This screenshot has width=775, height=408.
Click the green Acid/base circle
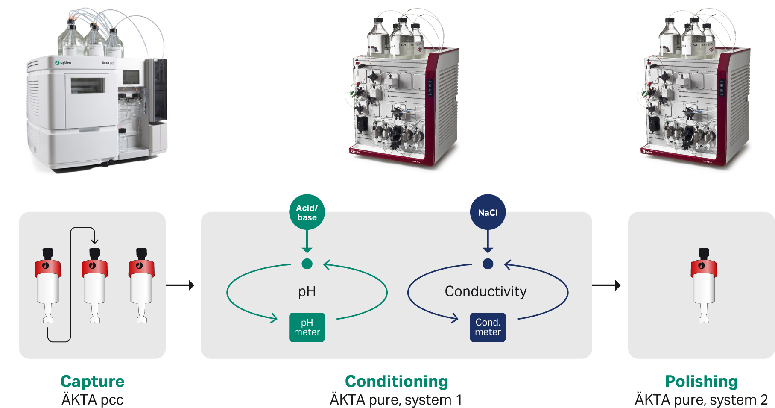point(307,212)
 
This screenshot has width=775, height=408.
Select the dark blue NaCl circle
point(488,212)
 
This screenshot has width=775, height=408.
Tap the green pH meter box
point(307,327)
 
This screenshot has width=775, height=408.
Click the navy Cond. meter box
point(488,327)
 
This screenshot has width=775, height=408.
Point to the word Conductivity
point(485,291)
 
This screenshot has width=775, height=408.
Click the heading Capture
point(92,381)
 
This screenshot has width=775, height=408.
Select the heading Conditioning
point(396,381)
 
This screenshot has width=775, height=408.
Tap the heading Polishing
point(701,381)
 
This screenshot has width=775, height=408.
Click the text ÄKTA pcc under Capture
point(92,400)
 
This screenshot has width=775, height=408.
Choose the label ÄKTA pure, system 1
point(396,400)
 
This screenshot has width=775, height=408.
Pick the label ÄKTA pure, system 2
point(701,400)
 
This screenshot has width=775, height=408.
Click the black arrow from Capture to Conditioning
point(180,285)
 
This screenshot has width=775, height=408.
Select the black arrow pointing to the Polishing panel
point(606,285)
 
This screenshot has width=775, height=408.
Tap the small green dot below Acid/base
point(307,264)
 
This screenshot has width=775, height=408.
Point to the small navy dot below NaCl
point(488,264)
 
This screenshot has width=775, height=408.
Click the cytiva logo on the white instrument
point(63,63)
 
